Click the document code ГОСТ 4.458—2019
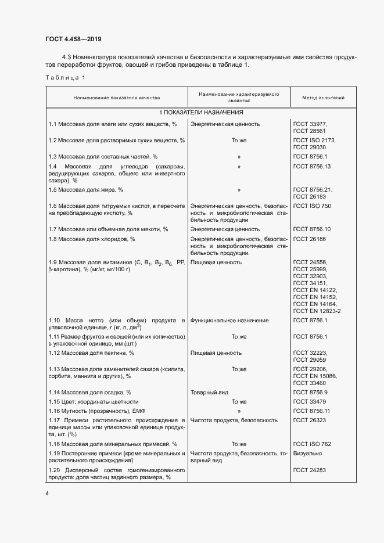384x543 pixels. (x=73, y=39)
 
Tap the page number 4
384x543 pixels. (x=47, y=493)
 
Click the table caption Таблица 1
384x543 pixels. (x=65, y=78)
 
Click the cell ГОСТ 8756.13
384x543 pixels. (x=312, y=167)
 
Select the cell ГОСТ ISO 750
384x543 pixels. (x=312, y=206)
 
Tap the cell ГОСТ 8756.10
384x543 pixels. (x=312, y=229)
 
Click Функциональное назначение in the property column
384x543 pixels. (x=229, y=321)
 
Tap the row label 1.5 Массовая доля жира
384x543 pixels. (x=86, y=190)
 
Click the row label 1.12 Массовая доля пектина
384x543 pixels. (x=91, y=353)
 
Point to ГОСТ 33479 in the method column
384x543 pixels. (x=310, y=401)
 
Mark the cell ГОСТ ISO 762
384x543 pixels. (x=312, y=444)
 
